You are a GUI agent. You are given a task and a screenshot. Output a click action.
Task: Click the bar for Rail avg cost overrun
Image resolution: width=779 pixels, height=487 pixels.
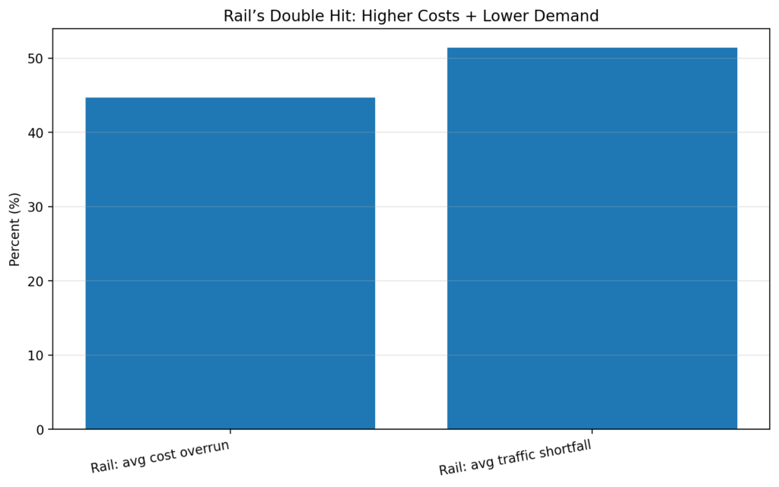pyautogui.click(x=230, y=263)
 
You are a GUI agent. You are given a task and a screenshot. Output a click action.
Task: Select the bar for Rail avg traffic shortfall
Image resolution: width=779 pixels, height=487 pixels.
pyautogui.click(x=592, y=238)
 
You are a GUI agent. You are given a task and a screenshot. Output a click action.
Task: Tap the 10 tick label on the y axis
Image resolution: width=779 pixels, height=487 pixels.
pyautogui.click(x=38, y=355)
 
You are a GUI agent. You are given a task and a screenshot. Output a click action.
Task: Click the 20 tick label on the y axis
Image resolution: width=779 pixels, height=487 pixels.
pyautogui.click(x=38, y=282)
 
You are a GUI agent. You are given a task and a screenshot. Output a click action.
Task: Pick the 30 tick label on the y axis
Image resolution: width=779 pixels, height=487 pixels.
pyautogui.click(x=38, y=207)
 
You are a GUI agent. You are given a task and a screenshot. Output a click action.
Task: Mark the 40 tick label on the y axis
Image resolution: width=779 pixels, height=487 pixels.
pyautogui.click(x=38, y=133)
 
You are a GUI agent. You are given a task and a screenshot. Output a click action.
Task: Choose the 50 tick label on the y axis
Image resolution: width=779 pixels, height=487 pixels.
pyautogui.click(x=38, y=59)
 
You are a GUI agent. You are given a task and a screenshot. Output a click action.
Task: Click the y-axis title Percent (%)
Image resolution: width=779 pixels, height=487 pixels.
pyautogui.click(x=15, y=229)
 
